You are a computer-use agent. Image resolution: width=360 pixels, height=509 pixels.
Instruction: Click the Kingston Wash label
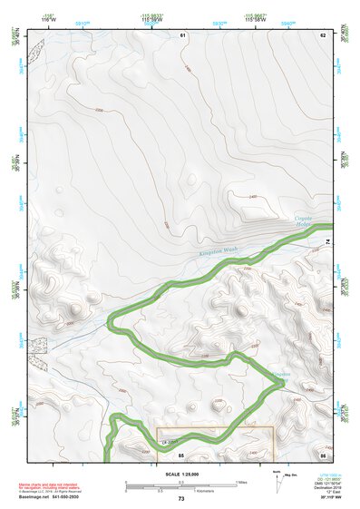pos(217,258)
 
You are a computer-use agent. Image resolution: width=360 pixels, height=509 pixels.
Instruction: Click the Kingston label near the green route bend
pos(282,374)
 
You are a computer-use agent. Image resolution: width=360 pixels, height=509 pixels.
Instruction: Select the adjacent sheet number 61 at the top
pos(181,34)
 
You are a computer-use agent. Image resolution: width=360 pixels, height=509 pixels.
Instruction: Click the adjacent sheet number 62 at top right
pos(322,34)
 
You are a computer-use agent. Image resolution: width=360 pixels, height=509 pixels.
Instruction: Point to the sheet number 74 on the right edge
pos(327,240)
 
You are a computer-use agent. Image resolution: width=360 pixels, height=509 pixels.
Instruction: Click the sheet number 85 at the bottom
pos(180,453)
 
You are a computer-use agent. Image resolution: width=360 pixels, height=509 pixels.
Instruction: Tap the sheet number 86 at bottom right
pos(322,453)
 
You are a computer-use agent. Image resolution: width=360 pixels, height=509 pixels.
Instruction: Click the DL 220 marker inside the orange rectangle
pos(169,443)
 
